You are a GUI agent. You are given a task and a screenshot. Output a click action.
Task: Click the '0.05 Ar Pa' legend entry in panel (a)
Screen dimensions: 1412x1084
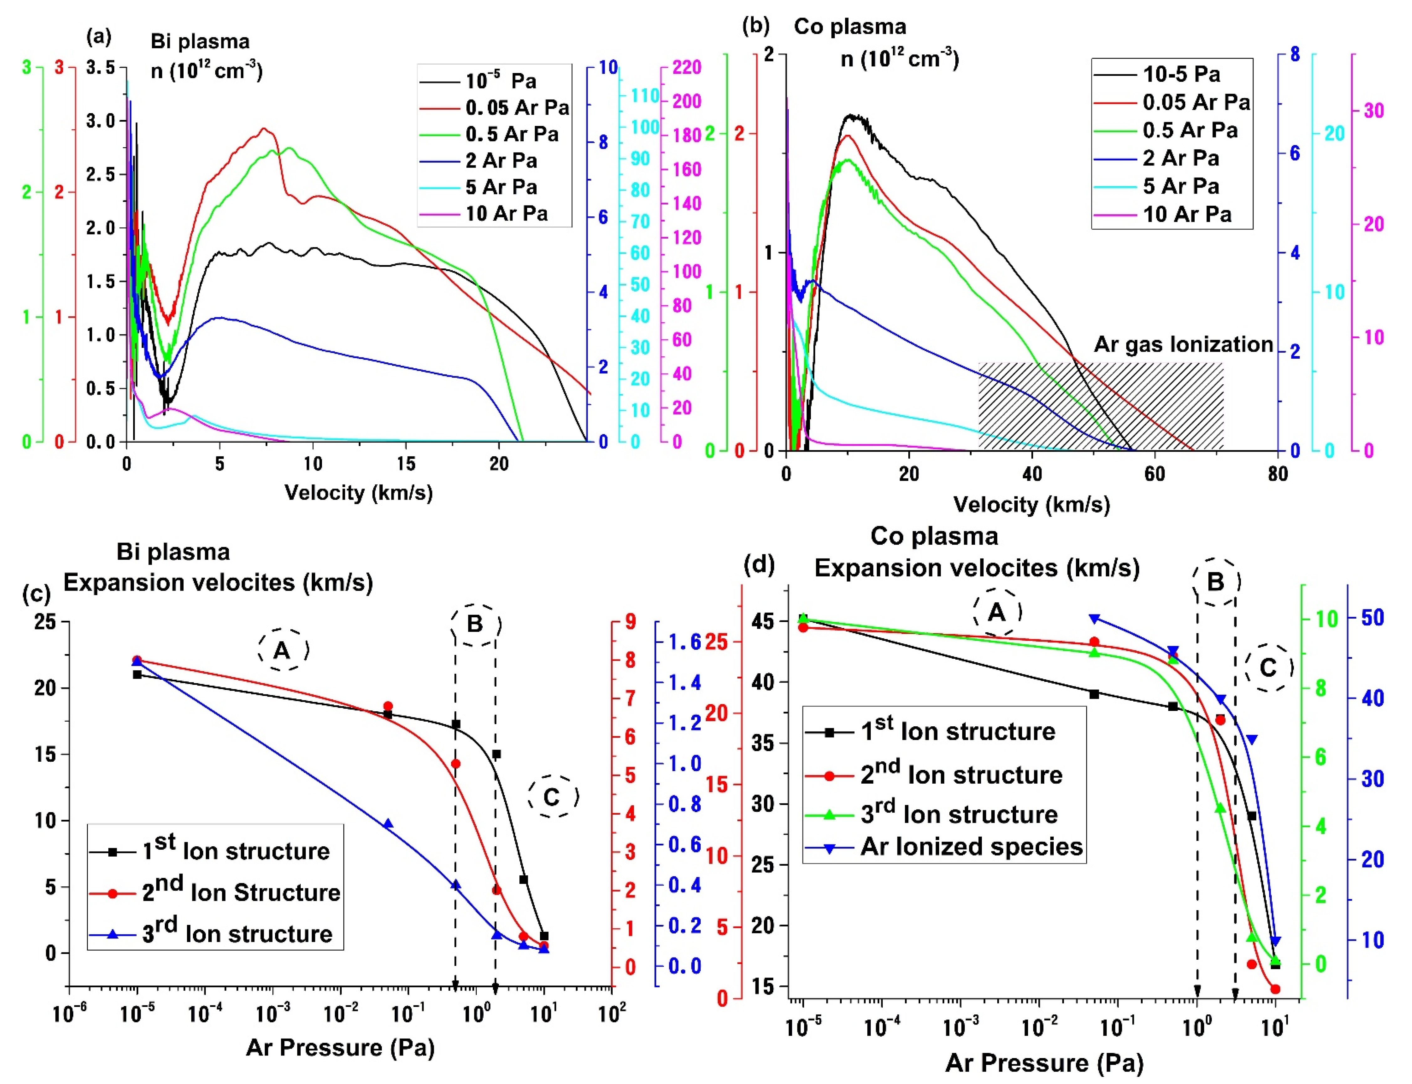pyautogui.click(x=494, y=108)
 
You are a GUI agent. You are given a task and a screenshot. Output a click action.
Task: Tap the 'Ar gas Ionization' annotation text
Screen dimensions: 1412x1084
pyautogui.click(x=1183, y=345)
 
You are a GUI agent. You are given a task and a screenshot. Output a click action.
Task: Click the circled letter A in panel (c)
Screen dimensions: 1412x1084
pyautogui.click(x=283, y=650)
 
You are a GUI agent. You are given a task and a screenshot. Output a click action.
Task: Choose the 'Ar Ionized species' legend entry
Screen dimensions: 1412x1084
pyautogui.click(x=943, y=847)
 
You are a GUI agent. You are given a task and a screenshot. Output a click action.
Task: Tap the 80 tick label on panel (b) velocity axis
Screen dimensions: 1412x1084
pyautogui.click(x=1277, y=474)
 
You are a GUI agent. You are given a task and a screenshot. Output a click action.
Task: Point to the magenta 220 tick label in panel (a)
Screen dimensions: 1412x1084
pyautogui.click(x=687, y=67)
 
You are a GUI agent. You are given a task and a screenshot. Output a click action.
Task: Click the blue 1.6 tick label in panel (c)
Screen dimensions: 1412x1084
pyautogui.click(x=685, y=642)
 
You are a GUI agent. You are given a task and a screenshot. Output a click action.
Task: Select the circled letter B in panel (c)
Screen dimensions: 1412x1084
pyautogui.click(x=475, y=624)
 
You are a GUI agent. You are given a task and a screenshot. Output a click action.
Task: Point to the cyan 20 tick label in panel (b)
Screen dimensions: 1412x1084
pyautogui.click(x=1335, y=133)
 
